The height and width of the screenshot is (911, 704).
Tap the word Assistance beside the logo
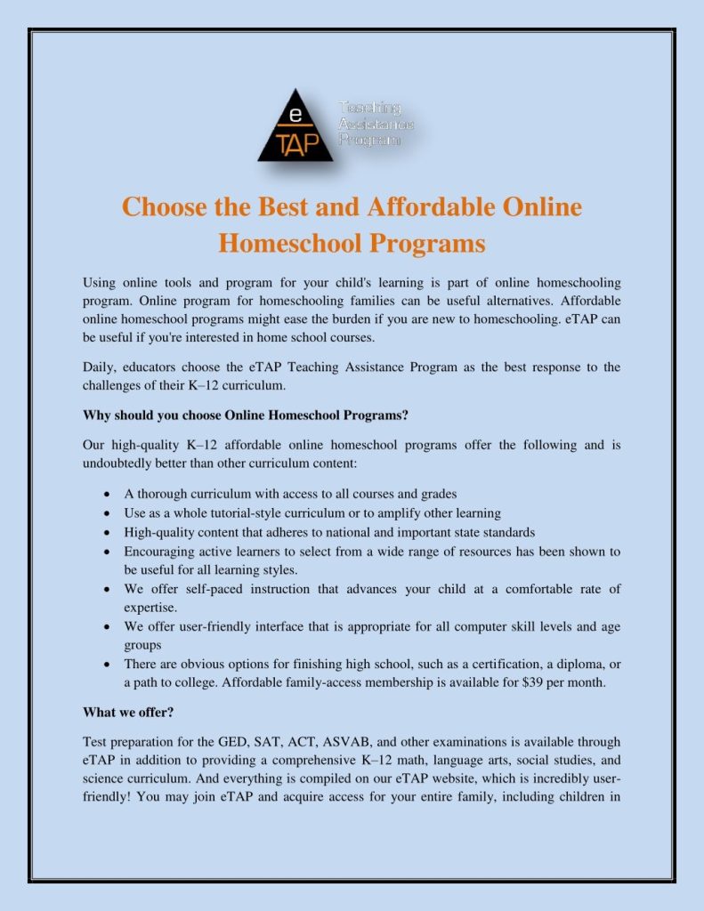tap(376, 124)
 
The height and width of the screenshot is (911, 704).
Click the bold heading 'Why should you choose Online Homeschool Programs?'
tap(245, 415)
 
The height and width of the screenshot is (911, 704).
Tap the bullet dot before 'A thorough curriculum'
tap(107, 494)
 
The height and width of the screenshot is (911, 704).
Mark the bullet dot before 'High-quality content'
tap(107, 533)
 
